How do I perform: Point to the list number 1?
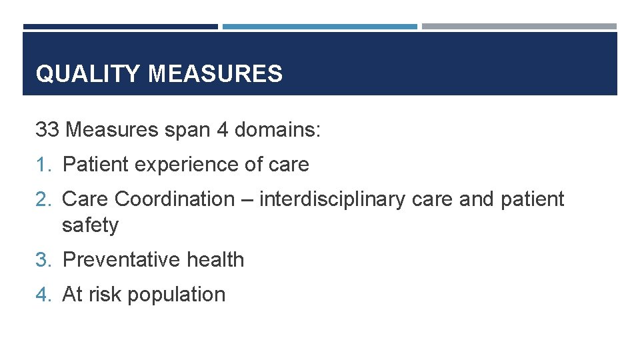(43, 165)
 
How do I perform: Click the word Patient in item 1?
(97, 165)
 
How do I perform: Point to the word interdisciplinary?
(330, 199)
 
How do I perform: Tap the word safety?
(90, 225)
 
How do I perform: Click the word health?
(215, 260)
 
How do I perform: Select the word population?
(176, 295)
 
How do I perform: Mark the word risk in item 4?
(103, 295)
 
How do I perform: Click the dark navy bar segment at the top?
(120, 27)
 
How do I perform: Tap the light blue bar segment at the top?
(319, 27)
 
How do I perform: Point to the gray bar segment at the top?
(519, 27)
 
